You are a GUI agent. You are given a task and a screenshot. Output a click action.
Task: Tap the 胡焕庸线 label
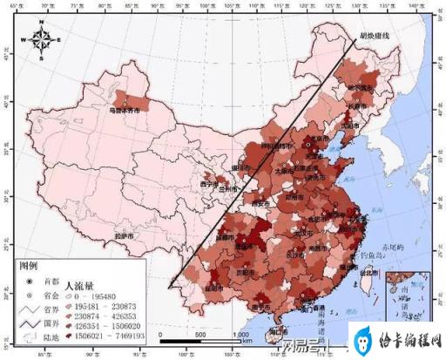click(x=363, y=37)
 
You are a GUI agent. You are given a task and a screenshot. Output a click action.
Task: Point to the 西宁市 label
click(x=209, y=185)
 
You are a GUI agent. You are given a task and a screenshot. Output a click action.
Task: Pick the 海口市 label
click(x=275, y=330)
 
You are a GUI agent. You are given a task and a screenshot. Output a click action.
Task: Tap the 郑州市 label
click(x=296, y=186)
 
